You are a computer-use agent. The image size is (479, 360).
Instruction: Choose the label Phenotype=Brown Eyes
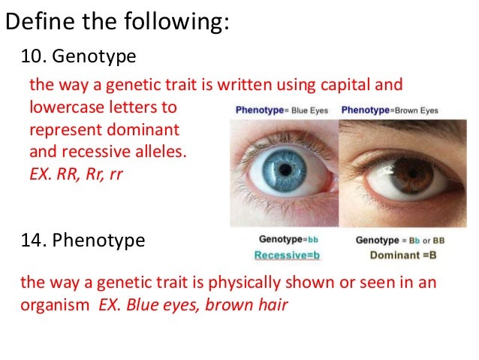[x=389, y=110]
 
